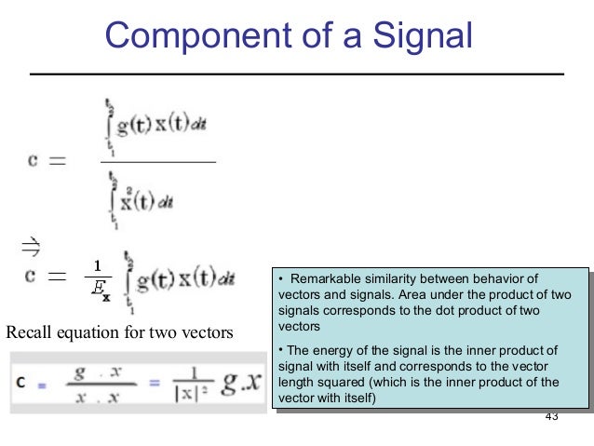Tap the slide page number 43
pyautogui.click(x=550, y=415)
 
